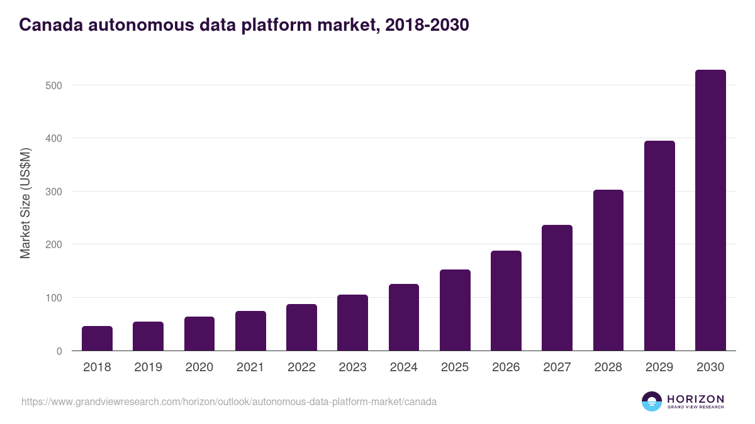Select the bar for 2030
710,210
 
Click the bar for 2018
97,339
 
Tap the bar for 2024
404,317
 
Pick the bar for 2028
608,270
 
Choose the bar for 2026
506,301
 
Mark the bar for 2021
250,331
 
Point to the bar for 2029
659,246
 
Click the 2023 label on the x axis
352,367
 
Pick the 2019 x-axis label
148,367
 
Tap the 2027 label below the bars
557,367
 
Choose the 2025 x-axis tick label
455,367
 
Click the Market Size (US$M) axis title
26,204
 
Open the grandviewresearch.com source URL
229,401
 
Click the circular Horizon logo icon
652,401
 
